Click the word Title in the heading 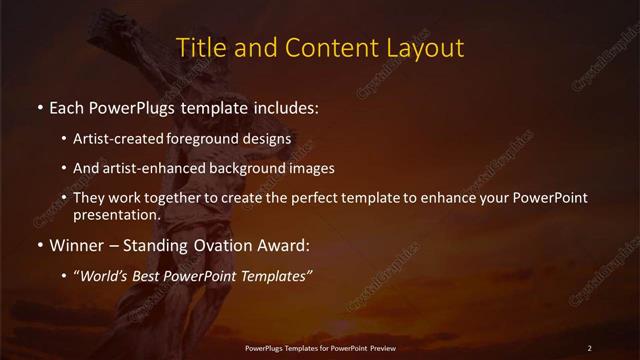199,47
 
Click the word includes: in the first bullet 288,105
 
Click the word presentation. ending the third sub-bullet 116,214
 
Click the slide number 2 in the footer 590,348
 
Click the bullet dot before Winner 39,244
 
